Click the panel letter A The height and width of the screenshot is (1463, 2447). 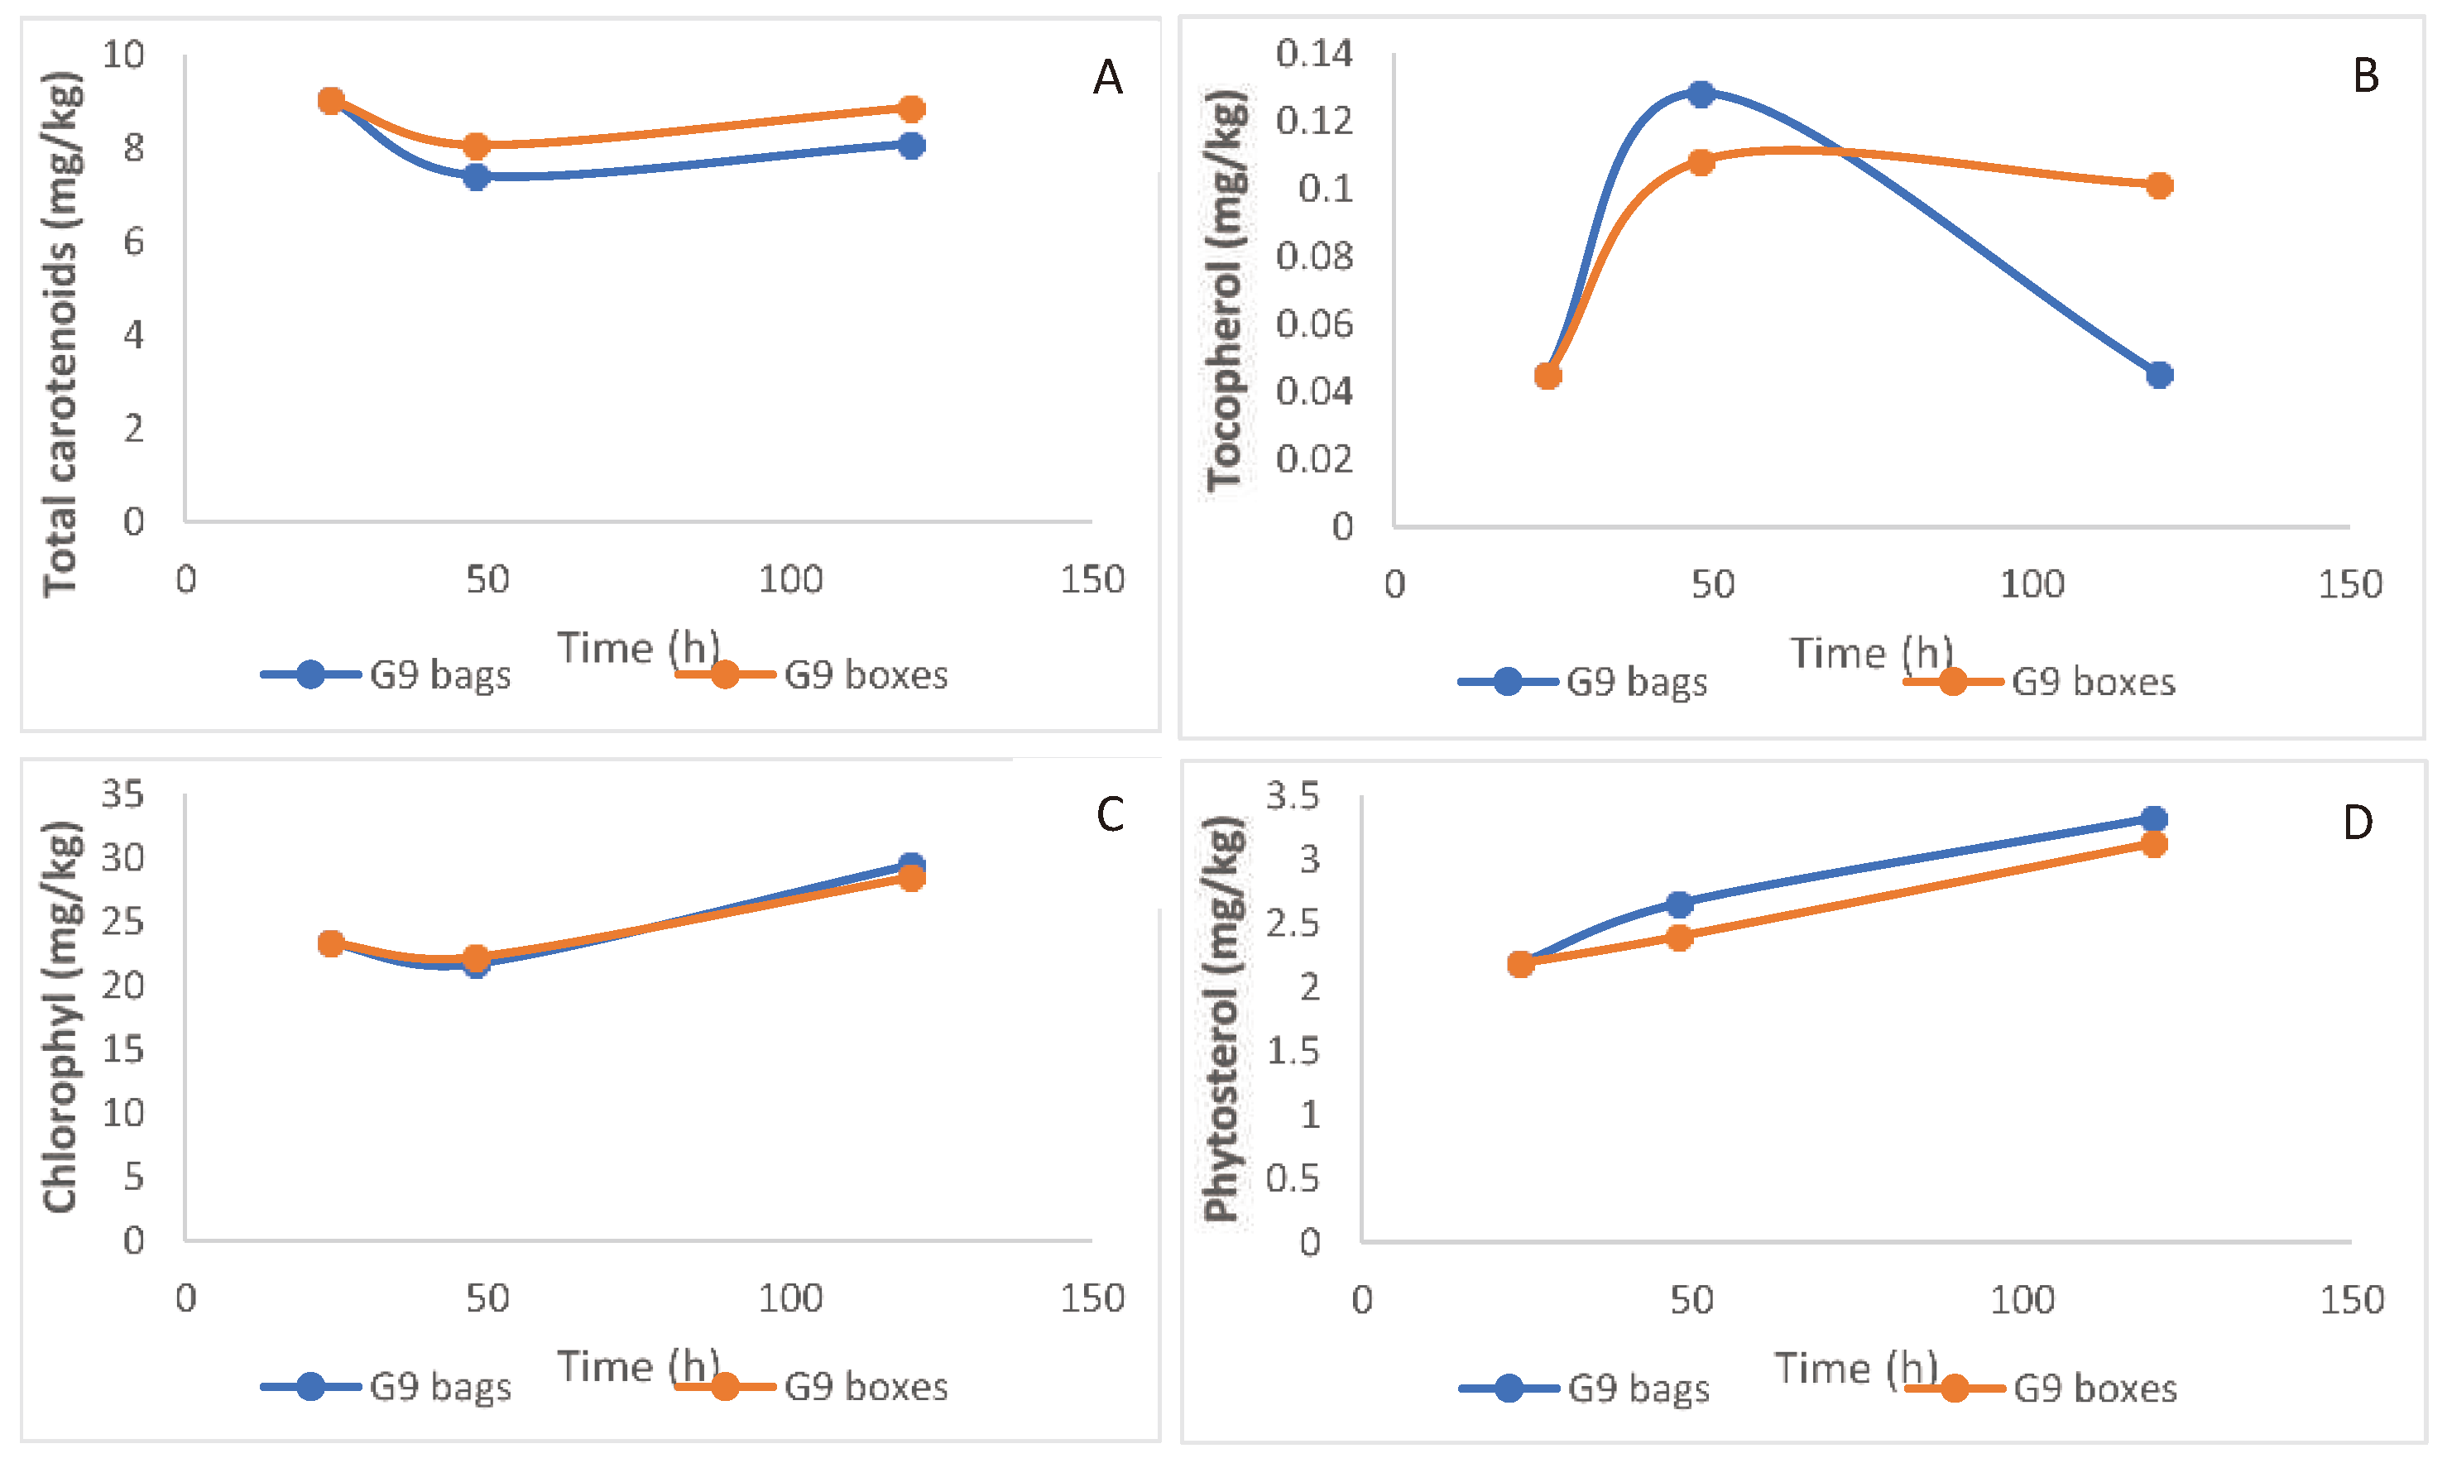tap(1107, 78)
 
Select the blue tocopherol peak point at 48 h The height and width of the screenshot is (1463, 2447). tap(1701, 94)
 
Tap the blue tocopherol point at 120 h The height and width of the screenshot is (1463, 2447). tap(2159, 375)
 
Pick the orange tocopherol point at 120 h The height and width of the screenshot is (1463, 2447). tap(2159, 185)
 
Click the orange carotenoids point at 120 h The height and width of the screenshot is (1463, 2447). tap(912, 108)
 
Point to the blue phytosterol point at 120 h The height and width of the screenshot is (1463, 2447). tap(2154, 818)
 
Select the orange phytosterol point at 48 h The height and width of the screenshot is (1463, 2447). tap(1679, 937)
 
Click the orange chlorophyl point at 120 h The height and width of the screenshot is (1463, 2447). tap(912, 877)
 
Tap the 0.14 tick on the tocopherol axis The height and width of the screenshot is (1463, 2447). tap(1313, 53)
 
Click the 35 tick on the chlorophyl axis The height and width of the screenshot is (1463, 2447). tap(123, 794)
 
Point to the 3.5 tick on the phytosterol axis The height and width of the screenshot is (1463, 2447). tap(1292, 795)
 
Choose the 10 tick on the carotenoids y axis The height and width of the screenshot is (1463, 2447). tap(123, 55)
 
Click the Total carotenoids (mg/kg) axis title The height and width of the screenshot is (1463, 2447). tap(61, 335)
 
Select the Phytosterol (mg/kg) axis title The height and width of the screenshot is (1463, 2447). tap(1222, 1020)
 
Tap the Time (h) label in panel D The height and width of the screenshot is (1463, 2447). tap(1855, 1369)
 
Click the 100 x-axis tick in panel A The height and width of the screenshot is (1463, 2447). tap(789, 580)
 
